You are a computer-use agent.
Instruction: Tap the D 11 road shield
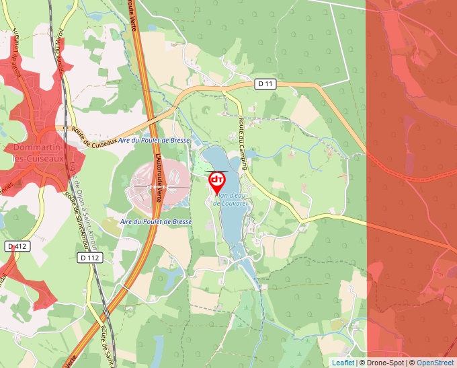click(266, 84)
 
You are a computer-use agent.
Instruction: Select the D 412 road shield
click(16, 247)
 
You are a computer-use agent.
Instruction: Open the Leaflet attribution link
click(343, 363)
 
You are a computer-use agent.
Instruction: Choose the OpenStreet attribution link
click(436, 363)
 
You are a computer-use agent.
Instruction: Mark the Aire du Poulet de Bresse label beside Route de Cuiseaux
click(154, 141)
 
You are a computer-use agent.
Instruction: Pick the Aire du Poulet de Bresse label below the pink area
click(156, 221)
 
